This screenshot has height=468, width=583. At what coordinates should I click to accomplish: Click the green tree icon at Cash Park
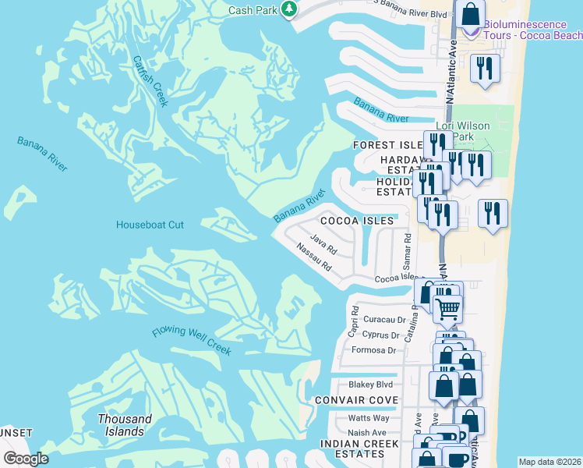(x=289, y=9)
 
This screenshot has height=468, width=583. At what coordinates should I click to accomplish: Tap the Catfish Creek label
(x=150, y=80)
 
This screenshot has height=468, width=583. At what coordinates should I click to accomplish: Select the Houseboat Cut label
(x=150, y=225)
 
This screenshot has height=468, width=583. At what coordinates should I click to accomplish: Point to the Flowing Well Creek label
(x=191, y=341)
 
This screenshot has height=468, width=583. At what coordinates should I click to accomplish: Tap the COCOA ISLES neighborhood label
(x=362, y=221)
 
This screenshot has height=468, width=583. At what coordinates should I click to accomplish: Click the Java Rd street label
(x=323, y=244)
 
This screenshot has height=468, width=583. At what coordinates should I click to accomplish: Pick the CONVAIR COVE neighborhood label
(x=356, y=400)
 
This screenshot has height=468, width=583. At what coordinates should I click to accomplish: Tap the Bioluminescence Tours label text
(x=532, y=30)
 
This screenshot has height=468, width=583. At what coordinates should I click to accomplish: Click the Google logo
(x=26, y=459)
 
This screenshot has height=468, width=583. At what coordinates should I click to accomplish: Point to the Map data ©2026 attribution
(x=549, y=462)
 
